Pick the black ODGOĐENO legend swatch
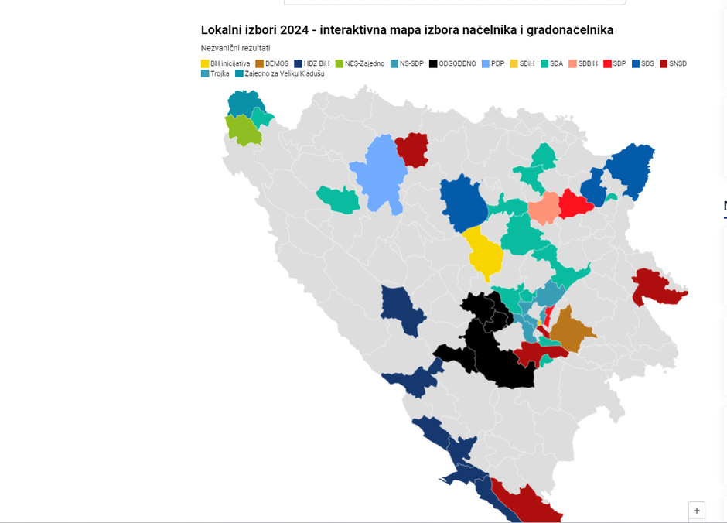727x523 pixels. point(434,63)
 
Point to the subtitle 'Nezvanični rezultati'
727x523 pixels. point(235,48)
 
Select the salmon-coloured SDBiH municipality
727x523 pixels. point(544,207)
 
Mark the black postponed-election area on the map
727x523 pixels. point(495,348)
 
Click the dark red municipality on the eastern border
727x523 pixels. point(657,288)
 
